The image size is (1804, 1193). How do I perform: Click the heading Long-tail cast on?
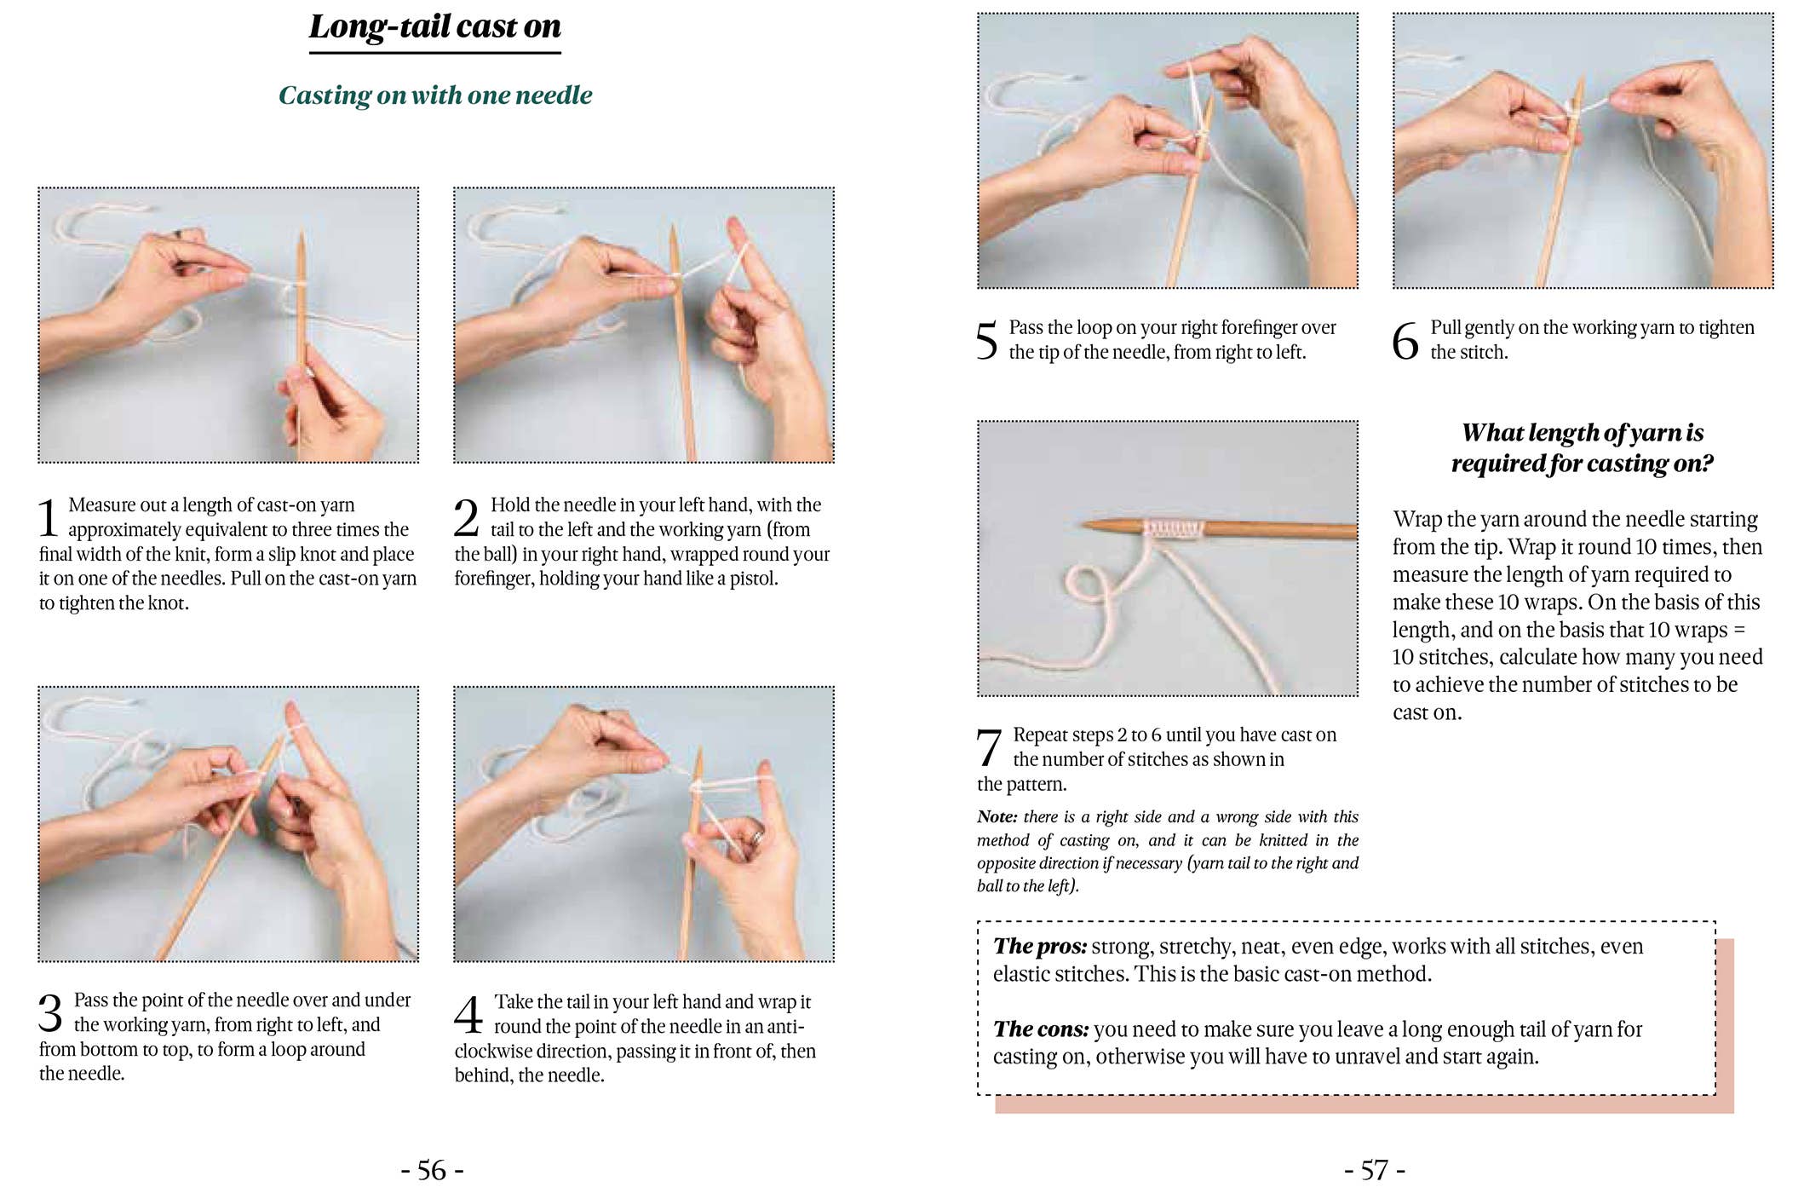[434, 27]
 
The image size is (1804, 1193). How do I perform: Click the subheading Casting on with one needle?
[434, 95]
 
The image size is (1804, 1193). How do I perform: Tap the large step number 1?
[49, 517]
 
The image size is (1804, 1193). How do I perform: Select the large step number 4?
[468, 1014]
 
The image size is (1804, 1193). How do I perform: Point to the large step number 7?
[988, 747]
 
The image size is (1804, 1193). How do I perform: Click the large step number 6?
[1405, 341]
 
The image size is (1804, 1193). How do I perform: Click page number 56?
[432, 1170]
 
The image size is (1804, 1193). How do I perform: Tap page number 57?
[1374, 1170]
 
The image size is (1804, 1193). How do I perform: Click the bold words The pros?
[1039, 946]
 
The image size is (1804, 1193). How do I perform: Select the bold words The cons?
[1040, 1029]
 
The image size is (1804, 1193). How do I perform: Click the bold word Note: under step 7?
[997, 816]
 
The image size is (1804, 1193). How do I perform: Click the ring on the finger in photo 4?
[756, 839]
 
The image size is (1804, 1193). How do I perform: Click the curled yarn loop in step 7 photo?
[1086, 585]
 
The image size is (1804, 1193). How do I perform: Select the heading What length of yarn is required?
[1582, 447]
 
